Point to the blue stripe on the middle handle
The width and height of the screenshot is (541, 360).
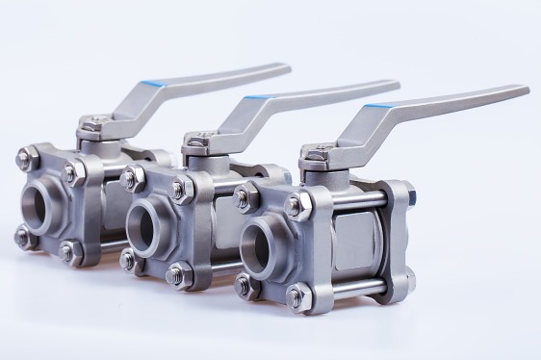click(x=256, y=96)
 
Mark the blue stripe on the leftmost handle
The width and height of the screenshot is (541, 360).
click(x=151, y=83)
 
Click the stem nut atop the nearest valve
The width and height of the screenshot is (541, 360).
click(x=319, y=150)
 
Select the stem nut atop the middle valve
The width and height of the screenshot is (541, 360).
click(x=197, y=141)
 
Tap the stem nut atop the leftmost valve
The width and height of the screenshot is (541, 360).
click(x=92, y=123)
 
